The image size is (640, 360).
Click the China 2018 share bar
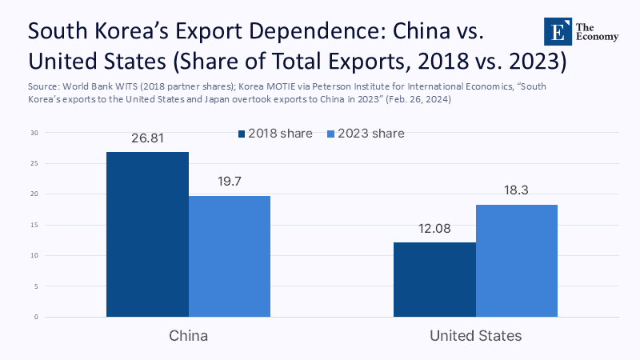[x=147, y=234]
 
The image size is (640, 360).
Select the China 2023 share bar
[x=230, y=256]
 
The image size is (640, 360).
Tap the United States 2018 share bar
[x=434, y=279]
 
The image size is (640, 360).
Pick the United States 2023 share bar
[x=517, y=261]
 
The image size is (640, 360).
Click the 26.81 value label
[x=147, y=138]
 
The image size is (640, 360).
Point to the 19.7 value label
[x=230, y=182]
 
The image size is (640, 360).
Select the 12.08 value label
[x=434, y=229]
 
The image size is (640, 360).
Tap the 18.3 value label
[x=518, y=191]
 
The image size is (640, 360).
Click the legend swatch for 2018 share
[x=242, y=134]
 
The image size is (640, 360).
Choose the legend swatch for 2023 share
[x=330, y=134]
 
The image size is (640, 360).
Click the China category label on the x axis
[x=189, y=336]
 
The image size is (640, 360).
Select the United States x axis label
[x=476, y=336]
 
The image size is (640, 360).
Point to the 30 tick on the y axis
[x=34, y=133]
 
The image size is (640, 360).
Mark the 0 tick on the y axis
[x=36, y=317]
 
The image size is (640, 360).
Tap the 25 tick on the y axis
[x=34, y=164]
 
